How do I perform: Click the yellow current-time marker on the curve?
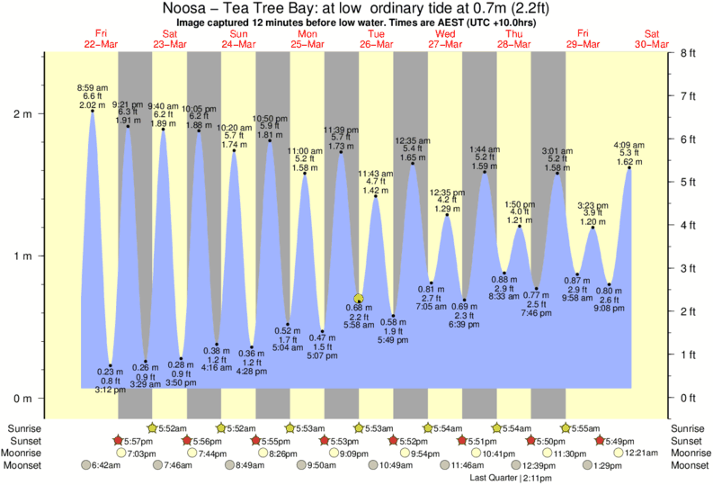(x=359, y=298)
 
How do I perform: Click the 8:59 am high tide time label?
(x=93, y=85)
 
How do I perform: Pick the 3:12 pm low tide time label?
(x=111, y=390)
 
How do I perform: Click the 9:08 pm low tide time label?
(x=610, y=309)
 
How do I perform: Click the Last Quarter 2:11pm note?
(x=510, y=478)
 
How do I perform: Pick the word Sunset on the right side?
(x=691, y=441)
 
